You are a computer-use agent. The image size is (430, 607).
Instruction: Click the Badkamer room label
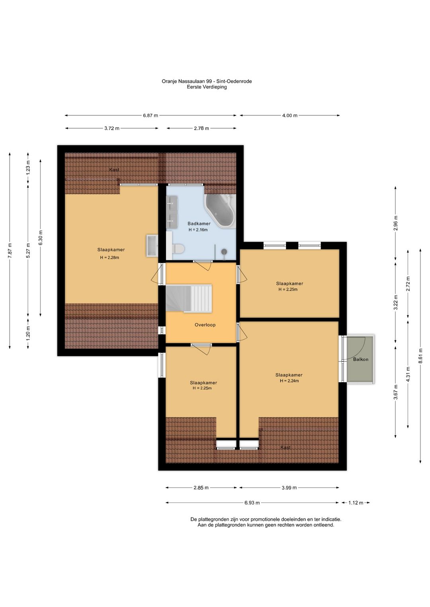pos(199,224)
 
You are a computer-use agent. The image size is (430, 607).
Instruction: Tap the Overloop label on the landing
pos(205,325)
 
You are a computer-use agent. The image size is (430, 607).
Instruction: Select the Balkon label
pos(361,359)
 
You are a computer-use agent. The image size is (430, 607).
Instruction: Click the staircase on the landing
pos(189,298)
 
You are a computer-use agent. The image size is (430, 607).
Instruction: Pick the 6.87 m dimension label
pos(150,115)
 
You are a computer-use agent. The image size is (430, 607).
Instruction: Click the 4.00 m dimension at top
pos(290,115)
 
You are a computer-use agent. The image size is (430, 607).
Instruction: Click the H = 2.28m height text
pos(109,258)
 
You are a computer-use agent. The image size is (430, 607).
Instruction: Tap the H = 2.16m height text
pos(198,230)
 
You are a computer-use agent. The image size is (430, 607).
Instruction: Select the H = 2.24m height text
pos(289,381)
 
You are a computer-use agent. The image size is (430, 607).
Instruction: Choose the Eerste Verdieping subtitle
pos(207,87)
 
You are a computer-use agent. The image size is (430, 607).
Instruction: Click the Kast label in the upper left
pos(114,169)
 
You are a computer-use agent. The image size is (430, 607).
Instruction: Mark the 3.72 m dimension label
pos(112,128)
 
